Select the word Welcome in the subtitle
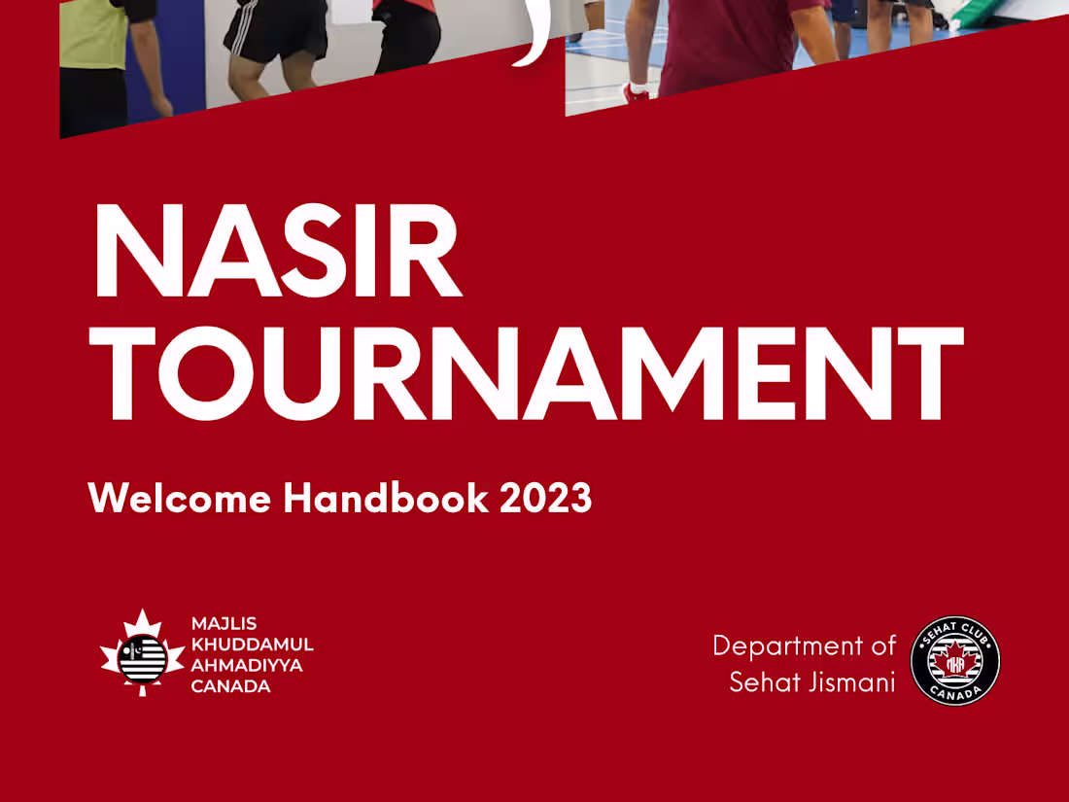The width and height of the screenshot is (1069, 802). (180, 499)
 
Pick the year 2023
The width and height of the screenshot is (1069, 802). (545, 499)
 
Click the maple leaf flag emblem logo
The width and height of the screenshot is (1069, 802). (142, 653)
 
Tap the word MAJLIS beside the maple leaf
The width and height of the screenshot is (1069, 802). (224, 623)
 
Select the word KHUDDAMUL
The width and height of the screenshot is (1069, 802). (252, 644)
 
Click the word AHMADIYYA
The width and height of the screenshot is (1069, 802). (247, 665)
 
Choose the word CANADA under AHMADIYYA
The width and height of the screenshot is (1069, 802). (230, 686)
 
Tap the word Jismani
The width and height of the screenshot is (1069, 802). (852, 682)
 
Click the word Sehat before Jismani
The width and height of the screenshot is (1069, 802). (765, 682)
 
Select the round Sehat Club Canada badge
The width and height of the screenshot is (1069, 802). (955, 661)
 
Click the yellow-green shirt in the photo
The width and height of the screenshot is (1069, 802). (94, 34)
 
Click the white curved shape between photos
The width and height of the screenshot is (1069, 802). (534, 34)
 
